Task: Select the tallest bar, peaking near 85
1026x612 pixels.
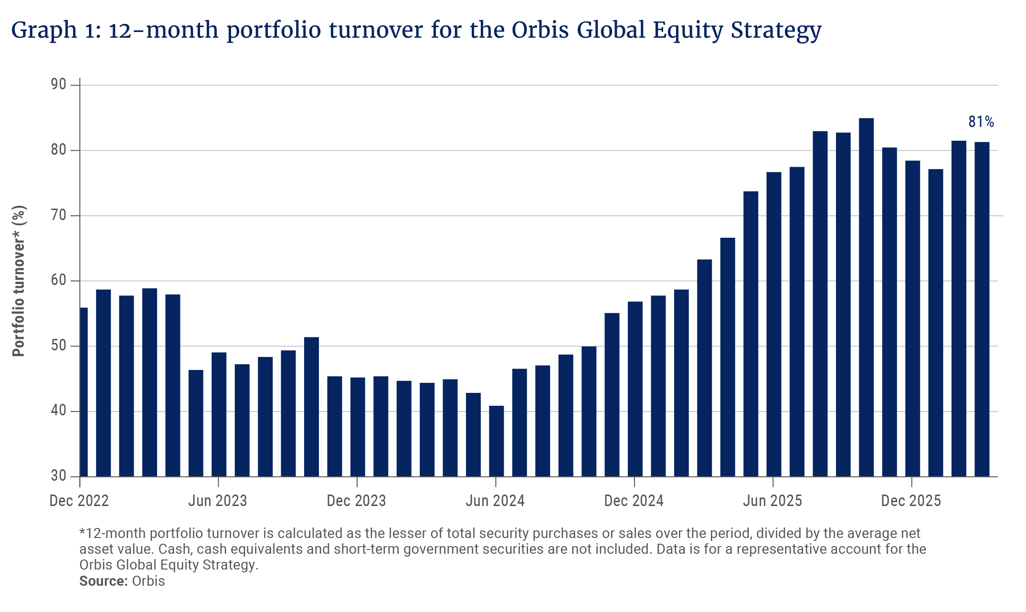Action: (x=866, y=296)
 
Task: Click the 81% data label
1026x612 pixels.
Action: (x=981, y=122)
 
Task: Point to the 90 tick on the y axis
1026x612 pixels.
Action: (x=58, y=85)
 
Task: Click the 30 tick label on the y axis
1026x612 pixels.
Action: (x=58, y=476)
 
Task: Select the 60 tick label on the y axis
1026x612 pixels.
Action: (x=58, y=280)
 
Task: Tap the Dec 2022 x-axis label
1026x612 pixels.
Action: (x=79, y=501)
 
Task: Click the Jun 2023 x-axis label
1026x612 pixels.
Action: (x=218, y=501)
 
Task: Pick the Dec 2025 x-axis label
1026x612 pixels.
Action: (x=910, y=501)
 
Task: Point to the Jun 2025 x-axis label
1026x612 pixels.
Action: (x=772, y=501)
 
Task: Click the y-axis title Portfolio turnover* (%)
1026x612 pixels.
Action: (x=19, y=281)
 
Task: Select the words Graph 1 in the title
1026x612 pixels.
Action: (x=50, y=31)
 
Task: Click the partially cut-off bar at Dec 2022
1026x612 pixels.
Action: (x=84, y=391)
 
